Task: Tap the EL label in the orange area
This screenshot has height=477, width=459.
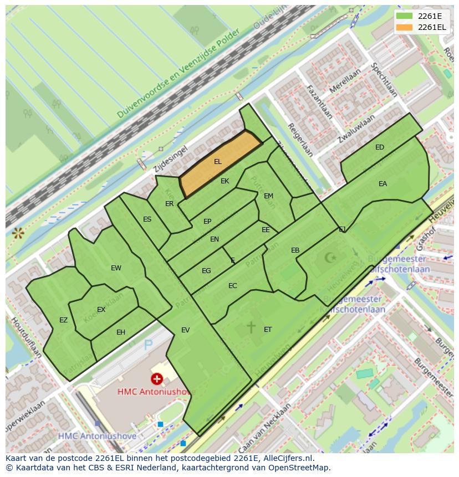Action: pyautogui.click(x=218, y=162)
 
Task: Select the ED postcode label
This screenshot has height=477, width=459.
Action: pyautogui.click(x=380, y=147)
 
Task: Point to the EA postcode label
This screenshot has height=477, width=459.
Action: pyautogui.click(x=382, y=184)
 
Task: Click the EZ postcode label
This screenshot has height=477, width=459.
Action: pyautogui.click(x=63, y=320)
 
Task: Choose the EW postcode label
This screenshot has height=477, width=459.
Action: pyautogui.click(x=116, y=268)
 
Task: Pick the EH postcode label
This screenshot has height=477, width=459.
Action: pyautogui.click(x=121, y=332)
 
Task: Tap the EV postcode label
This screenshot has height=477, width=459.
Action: pyautogui.click(x=185, y=330)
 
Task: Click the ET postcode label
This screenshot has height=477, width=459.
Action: pyautogui.click(x=268, y=330)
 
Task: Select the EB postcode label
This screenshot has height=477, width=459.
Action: pyautogui.click(x=295, y=250)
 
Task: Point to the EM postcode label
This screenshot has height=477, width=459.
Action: pyautogui.click(x=268, y=196)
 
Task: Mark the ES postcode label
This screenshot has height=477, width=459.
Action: pyautogui.click(x=147, y=219)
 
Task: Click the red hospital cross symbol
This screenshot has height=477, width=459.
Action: pyautogui.click(x=157, y=379)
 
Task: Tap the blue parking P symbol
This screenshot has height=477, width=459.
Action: pyautogui.click(x=148, y=346)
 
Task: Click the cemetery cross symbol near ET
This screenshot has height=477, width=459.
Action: pyautogui.click(x=251, y=327)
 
